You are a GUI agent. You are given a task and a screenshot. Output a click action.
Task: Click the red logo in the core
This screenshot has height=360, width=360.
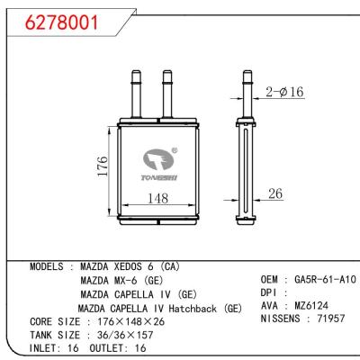[x=160, y=161]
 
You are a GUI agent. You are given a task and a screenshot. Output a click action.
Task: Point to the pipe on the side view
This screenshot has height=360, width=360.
[x=249, y=90]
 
